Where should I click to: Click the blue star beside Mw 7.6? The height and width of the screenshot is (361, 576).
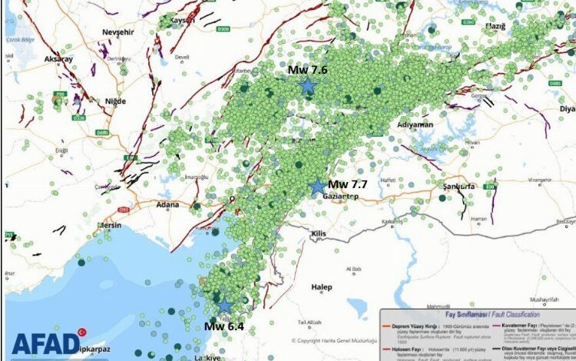308,86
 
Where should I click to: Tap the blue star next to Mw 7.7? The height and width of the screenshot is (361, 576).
318,186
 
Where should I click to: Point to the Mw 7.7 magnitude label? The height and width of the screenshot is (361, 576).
347,184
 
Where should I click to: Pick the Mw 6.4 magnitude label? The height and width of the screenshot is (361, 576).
223,326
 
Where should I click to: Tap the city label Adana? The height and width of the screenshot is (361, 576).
167,205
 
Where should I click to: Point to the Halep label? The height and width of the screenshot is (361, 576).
321,287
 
